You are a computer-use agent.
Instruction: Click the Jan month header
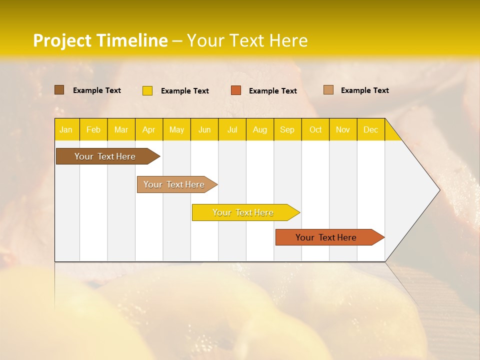click(66, 129)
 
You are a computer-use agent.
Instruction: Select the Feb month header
click(93, 129)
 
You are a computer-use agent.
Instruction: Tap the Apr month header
click(148, 129)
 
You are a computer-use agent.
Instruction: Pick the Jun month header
click(204, 129)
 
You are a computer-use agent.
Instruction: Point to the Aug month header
click(259, 129)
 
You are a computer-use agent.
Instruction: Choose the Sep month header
click(287, 129)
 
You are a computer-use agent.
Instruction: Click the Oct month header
click(315, 129)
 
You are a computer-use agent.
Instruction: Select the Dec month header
click(370, 129)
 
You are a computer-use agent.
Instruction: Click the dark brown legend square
click(59, 90)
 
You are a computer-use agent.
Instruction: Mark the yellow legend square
click(147, 90)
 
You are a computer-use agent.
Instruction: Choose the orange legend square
click(236, 90)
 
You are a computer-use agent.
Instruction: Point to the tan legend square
click(328, 90)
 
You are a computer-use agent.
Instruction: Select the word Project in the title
click(62, 40)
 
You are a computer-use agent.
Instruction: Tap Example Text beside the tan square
click(364, 90)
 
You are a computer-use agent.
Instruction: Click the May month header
click(176, 129)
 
